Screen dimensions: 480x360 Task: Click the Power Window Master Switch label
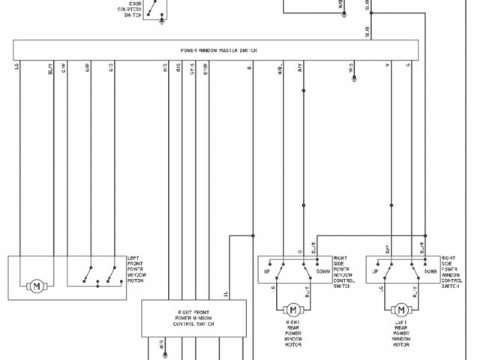point(219,49)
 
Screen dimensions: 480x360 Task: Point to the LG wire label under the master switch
point(17,68)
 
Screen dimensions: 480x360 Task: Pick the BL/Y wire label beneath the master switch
point(50,69)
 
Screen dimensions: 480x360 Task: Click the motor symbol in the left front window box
point(35,286)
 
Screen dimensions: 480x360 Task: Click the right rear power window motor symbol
point(293,309)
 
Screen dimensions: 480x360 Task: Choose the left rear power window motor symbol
point(400,309)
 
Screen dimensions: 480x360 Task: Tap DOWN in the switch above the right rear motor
point(323,271)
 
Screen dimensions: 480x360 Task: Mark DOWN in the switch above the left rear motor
point(430,271)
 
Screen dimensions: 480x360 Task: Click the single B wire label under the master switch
point(249,68)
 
